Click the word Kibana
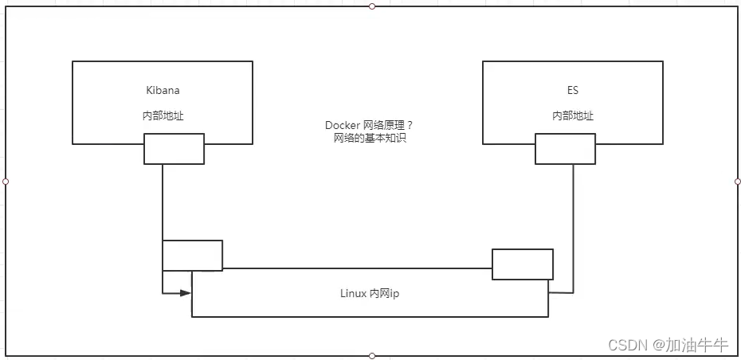click(162, 91)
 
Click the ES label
click(573, 91)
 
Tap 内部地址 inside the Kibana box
click(163, 115)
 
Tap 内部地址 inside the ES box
click(573, 115)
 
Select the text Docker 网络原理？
click(369, 126)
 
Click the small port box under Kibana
click(174, 149)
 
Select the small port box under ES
click(564, 149)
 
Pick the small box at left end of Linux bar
click(192, 255)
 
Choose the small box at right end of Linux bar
click(522, 264)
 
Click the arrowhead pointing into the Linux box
click(186, 293)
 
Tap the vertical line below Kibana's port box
click(163, 203)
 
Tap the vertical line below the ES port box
click(573, 215)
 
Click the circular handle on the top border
click(372, 6)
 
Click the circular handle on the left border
click(6, 182)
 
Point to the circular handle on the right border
click(737, 182)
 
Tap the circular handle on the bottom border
click(372, 355)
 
